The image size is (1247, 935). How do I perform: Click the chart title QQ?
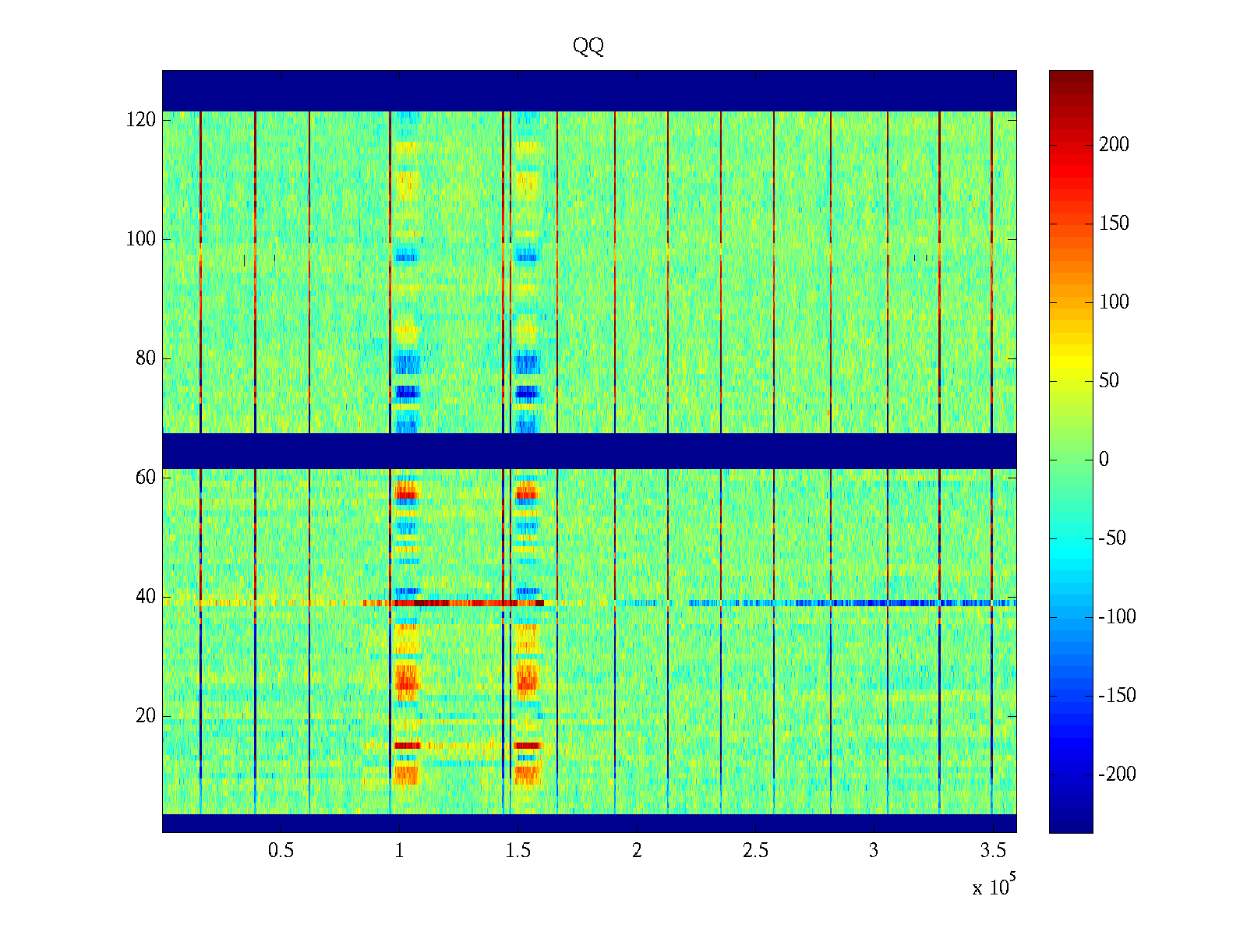[x=588, y=46]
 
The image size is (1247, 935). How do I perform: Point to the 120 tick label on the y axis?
[x=141, y=120]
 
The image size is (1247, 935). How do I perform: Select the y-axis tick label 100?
[x=141, y=239]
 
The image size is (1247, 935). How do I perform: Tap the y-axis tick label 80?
[x=146, y=358]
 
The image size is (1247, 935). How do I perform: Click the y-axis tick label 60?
[x=146, y=478]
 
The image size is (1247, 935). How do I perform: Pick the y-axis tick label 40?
[x=146, y=597]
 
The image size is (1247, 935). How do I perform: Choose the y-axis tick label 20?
[x=146, y=716]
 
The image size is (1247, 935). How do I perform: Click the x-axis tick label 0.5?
[x=281, y=851]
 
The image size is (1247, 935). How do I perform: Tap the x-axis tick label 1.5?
[x=518, y=851]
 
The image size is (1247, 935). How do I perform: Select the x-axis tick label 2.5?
[x=755, y=851]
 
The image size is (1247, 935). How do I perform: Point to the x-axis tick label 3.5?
[x=992, y=851]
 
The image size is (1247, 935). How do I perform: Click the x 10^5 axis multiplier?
[x=994, y=887]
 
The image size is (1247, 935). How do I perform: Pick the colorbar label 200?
[x=1114, y=145]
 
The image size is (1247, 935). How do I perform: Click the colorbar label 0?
[x=1104, y=460]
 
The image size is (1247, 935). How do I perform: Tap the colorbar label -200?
[x=1117, y=774]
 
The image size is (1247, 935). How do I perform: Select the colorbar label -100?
[x=1117, y=617]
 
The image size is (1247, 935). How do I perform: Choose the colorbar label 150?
[x=1114, y=224]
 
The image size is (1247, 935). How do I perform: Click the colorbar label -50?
[x=1113, y=538]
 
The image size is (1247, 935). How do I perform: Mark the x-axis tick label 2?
[x=637, y=851]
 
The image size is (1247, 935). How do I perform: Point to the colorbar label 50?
[x=1109, y=381]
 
